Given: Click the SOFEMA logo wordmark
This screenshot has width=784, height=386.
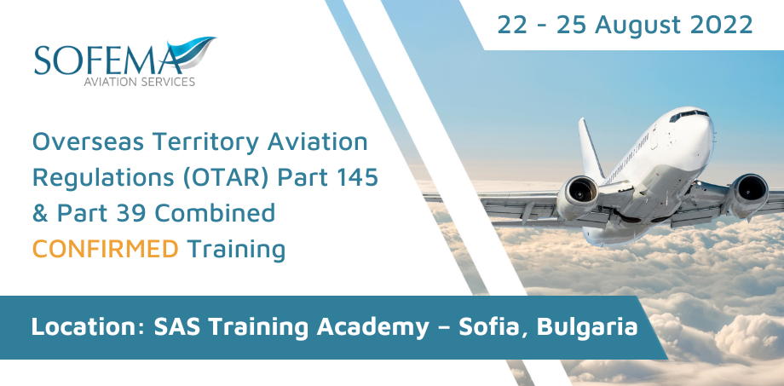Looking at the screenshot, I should [107, 59].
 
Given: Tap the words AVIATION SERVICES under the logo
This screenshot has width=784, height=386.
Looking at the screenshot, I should [139, 83].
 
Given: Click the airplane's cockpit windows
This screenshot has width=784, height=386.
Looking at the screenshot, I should [689, 115].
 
